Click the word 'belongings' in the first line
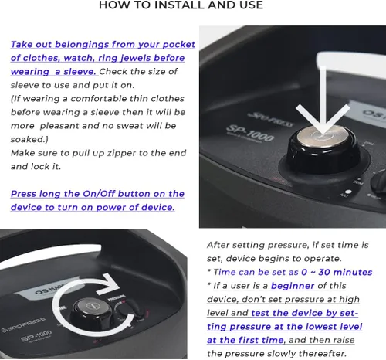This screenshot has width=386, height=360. pyautogui.click(x=82, y=45)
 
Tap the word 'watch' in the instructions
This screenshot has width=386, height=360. pyautogui.click(x=78, y=58)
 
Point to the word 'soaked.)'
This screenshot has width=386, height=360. pyautogui.click(x=29, y=139)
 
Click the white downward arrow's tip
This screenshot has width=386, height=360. pyautogui.click(x=323, y=134)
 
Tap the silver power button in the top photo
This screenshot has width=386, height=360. pyautogui.click(x=323, y=136)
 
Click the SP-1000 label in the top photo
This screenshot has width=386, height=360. pyautogui.click(x=249, y=133)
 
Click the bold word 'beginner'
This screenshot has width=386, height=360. pyautogui.click(x=293, y=286)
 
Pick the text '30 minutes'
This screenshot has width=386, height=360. pyautogui.click(x=345, y=272)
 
